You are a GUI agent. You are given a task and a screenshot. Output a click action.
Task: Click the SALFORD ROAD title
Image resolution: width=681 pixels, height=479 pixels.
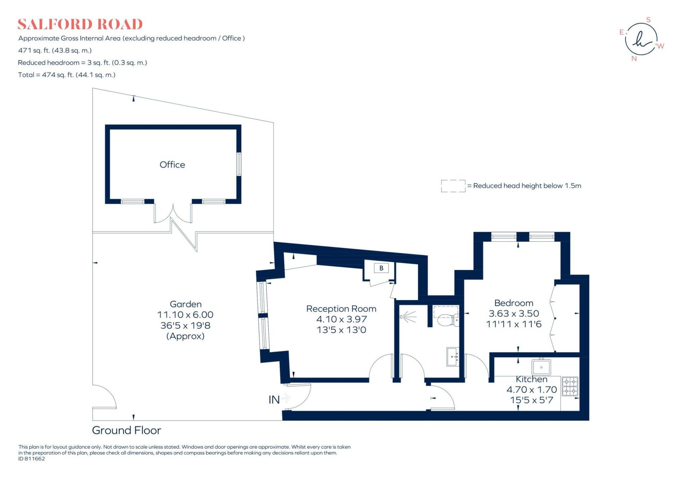[80, 24]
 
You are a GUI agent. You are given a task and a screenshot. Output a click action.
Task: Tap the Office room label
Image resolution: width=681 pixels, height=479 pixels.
[172, 165]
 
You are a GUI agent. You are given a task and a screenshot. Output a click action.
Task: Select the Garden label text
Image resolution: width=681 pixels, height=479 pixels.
[186, 304]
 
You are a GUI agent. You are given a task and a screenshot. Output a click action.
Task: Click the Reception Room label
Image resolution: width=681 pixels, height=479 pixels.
[341, 309]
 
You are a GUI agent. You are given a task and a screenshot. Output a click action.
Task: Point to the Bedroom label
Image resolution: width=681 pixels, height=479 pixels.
[514, 303]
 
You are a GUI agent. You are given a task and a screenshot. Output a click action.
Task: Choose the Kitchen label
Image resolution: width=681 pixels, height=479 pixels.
[532, 379]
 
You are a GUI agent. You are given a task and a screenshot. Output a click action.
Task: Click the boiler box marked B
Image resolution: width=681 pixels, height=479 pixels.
[381, 268]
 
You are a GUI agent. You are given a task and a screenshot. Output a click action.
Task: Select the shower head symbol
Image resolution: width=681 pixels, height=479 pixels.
[408, 317]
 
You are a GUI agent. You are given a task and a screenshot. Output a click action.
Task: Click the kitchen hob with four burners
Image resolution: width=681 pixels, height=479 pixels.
[570, 386]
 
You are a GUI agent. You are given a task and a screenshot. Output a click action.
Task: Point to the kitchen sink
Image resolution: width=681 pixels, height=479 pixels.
[541, 367]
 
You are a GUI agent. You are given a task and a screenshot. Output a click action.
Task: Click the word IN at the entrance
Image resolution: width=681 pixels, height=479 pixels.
[274, 400]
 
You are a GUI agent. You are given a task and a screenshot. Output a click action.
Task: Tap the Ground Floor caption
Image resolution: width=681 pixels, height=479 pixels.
[126, 430]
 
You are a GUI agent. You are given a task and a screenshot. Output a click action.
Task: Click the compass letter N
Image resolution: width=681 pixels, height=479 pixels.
[634, 59]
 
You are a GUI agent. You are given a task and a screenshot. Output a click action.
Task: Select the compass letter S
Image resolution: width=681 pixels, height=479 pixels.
[648, 20]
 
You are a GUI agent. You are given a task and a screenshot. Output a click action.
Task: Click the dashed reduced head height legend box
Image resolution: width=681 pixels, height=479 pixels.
[453, 186]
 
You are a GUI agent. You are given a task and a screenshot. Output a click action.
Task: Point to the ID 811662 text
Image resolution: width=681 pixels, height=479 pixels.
[32, 459]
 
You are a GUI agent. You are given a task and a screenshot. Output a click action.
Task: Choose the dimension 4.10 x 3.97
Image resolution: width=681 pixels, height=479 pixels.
[342, 319]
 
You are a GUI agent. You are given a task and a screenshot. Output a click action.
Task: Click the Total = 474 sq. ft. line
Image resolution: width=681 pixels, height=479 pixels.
[67, 75]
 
